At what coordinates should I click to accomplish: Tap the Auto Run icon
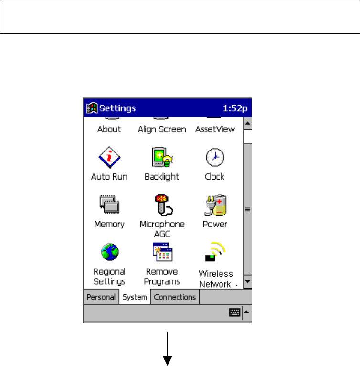tap(109, 157)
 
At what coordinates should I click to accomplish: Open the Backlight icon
tap(161, 157)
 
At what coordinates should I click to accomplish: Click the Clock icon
tap(215, 157)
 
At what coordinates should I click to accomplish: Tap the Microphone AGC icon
tap(162, 205)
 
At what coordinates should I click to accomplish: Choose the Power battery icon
tap(215, 205)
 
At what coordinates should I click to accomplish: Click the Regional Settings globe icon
tap(109, 252)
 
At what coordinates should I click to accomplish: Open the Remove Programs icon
tap(162, 252)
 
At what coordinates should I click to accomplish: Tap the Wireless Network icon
tap(215, 252)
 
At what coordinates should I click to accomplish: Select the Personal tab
tap(101, 297)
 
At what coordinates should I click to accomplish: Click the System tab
tap(135, 297)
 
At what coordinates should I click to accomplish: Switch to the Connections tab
tap(175, 297)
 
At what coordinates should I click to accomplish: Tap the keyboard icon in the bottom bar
tap(234, 312)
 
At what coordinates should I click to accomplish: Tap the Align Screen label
tap(162, 129)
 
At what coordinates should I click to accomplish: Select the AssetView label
tap(215, 129)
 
